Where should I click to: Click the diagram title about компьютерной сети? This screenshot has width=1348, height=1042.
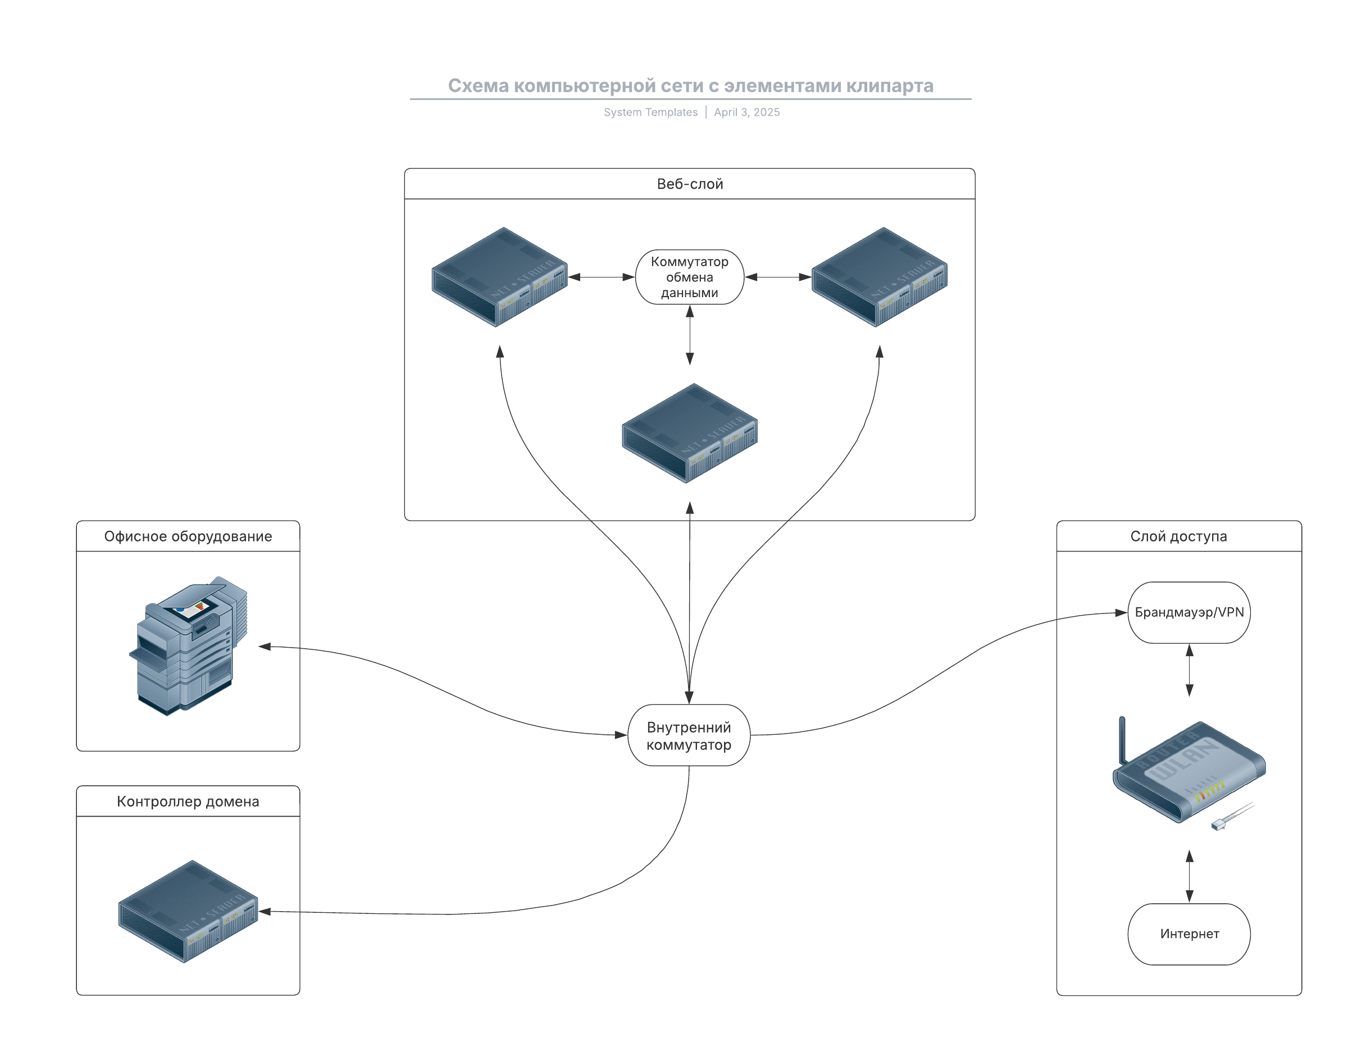(690, 86)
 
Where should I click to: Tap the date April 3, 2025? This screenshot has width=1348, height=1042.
(747, 112)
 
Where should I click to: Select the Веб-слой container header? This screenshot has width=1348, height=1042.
(689, 184)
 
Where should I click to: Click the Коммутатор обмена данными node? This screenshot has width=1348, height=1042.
(689, 277)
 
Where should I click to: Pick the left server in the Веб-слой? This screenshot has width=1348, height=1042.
(499, 276)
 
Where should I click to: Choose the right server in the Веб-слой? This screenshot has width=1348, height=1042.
(879, 276)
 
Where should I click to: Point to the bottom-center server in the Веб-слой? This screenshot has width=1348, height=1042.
(689, 433)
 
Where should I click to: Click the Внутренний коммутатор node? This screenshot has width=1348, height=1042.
(689, 735)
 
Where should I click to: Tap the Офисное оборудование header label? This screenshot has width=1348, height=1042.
(188, 536)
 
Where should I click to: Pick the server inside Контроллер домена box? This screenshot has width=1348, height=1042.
(188, 911)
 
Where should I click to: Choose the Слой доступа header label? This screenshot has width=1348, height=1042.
(1178, 536)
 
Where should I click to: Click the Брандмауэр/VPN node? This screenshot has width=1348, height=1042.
(1188, 612)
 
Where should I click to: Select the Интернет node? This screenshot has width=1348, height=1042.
(1188, 934)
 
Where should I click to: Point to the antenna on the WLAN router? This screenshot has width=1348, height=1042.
(1122, 740)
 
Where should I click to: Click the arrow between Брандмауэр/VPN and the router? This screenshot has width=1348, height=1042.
(1190, 670)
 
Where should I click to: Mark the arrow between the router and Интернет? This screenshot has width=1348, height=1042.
(1190, 876)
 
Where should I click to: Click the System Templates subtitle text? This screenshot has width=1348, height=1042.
(650, 112)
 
